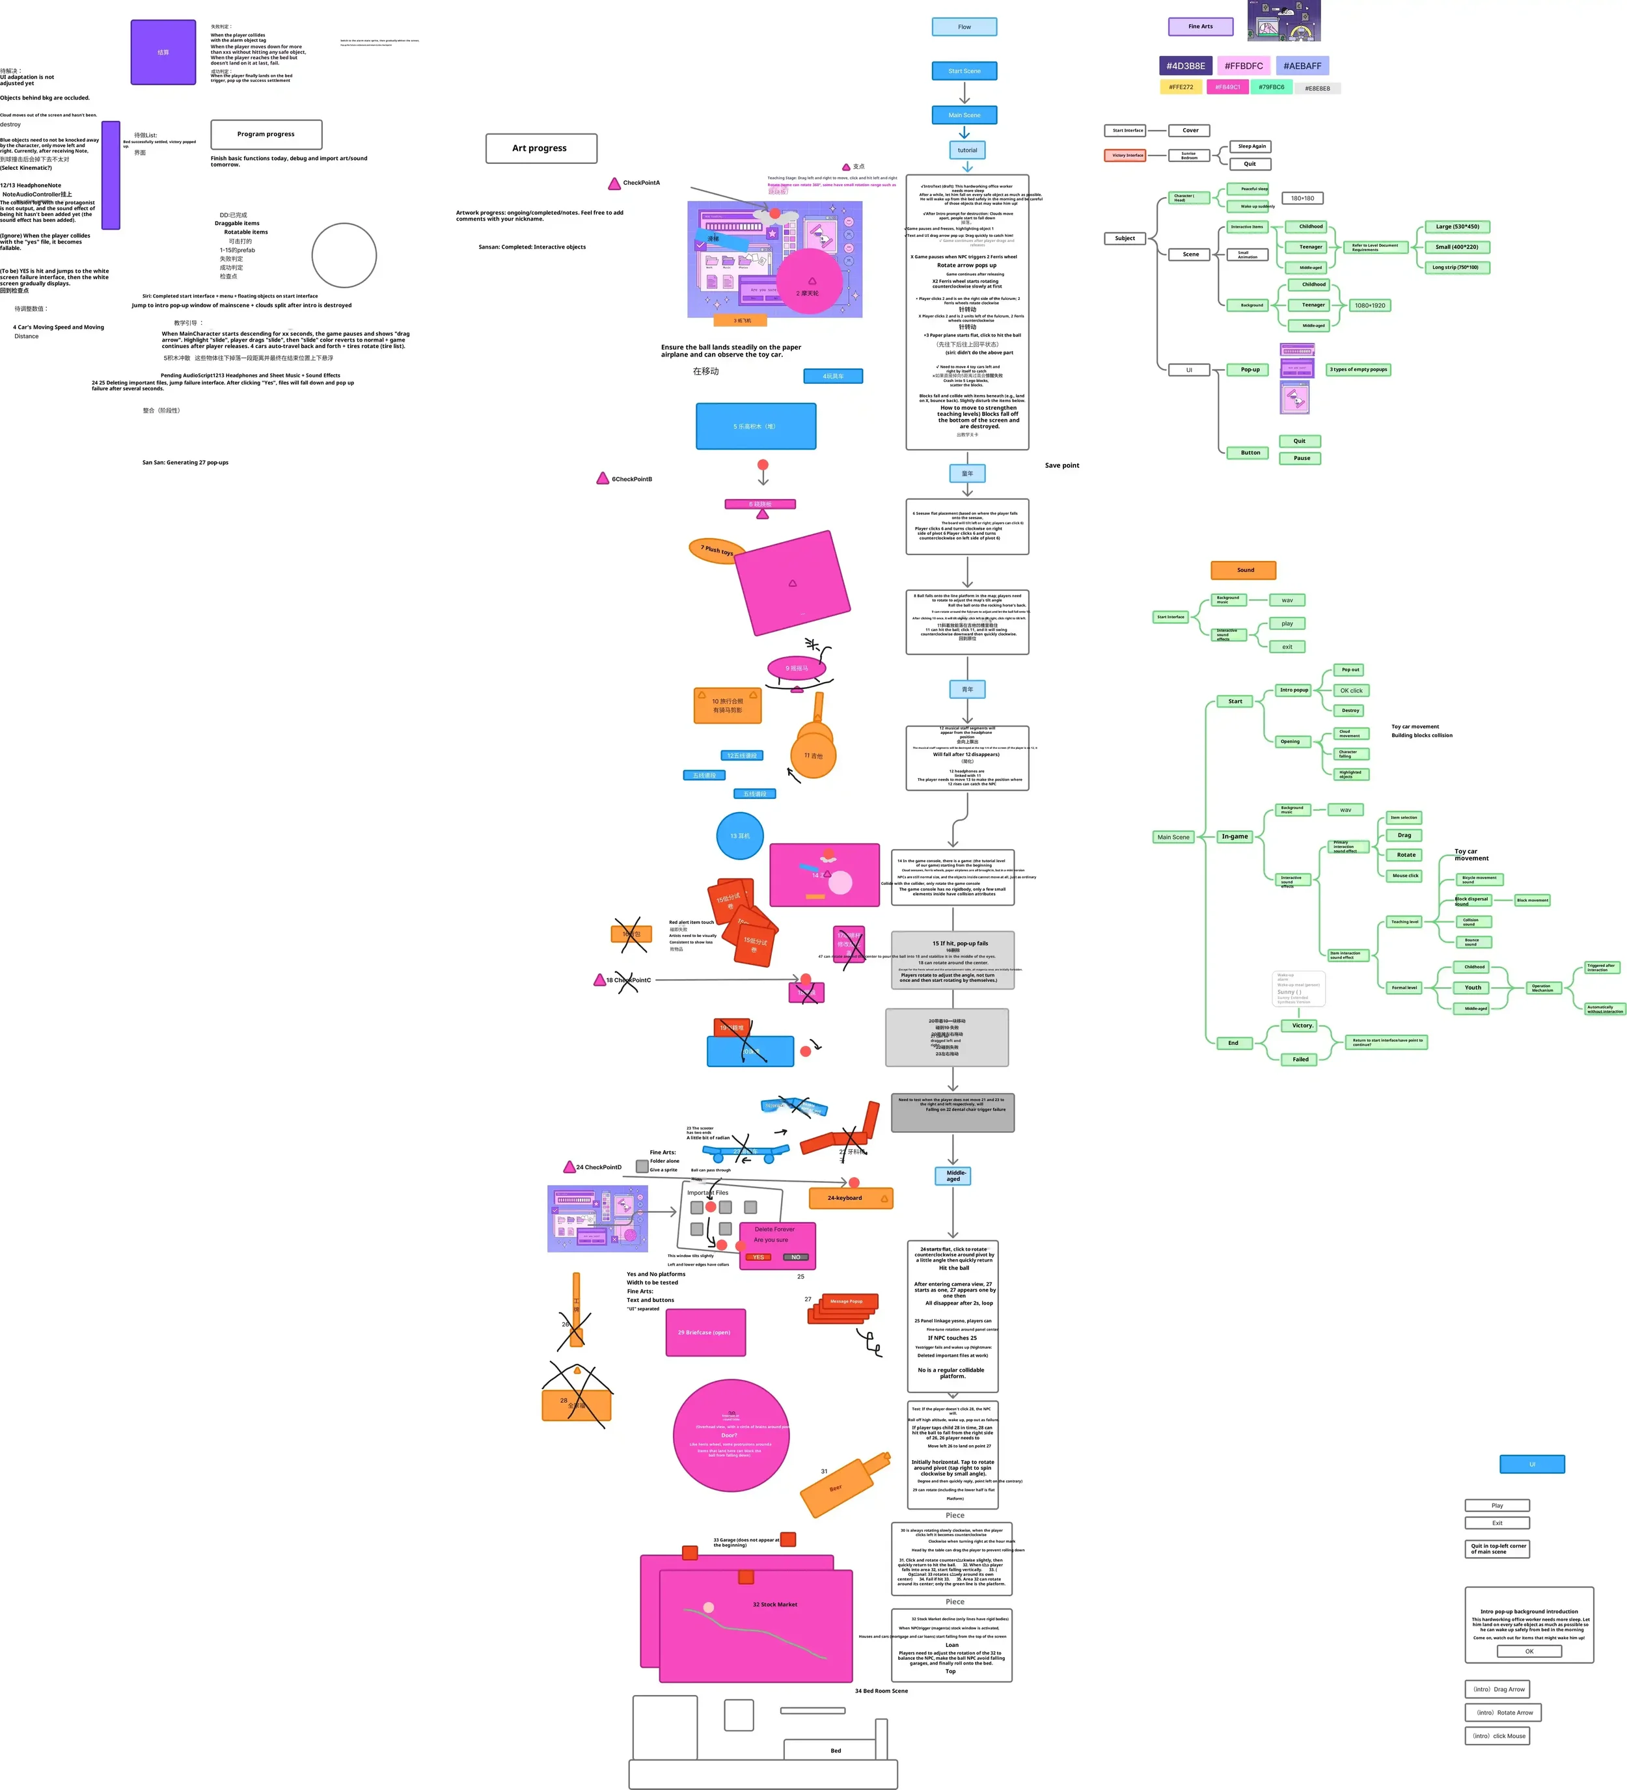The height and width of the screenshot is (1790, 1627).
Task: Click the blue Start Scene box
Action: pos(964,71)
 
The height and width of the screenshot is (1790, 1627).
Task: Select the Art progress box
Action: pos(541,148)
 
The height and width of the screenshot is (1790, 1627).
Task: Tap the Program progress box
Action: pos(266,134)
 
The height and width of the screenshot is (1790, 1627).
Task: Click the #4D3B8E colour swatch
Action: pos(1186,66)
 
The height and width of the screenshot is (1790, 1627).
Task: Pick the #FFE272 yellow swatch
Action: pos(1181,87)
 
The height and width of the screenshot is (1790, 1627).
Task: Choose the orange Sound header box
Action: pos(1243,570)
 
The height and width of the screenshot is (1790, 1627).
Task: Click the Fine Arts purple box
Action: pos(1200,27)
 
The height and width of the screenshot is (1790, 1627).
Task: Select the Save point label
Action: pos(1061,465)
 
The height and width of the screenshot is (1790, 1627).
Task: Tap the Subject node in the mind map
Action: pos(1125,238)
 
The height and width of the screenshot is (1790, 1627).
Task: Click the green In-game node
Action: pos(1235,836)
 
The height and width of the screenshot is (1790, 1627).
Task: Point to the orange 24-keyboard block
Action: pos(850,1198)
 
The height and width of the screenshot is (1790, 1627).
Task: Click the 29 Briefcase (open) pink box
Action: pos(705,1332)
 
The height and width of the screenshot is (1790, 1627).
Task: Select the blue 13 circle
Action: pos(740,835)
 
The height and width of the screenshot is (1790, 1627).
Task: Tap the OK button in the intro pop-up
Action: pos(1529,1651)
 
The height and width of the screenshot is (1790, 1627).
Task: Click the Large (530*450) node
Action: pos(1456,226)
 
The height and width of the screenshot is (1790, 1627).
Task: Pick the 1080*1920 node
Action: pos(1369,305)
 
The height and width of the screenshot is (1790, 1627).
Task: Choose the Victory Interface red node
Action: pos(1127,156)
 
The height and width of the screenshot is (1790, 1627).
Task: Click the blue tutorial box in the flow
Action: pos(967,150)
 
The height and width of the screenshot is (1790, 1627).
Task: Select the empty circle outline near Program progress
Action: pos(344,256)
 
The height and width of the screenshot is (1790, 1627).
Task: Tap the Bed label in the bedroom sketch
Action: pos(835,1751)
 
